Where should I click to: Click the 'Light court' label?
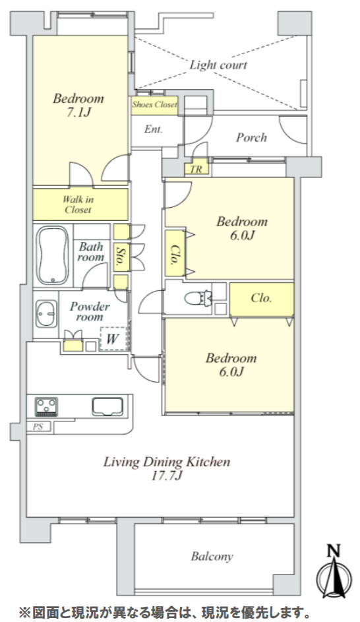218,65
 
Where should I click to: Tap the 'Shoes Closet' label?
155,105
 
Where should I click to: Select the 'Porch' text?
251,138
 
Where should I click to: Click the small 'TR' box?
196,169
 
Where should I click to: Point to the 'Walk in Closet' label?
78,204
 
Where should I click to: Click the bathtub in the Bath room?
52,255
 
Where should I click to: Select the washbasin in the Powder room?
46,314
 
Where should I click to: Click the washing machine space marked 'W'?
113,339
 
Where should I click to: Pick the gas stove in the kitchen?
46,406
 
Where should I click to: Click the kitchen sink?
107,406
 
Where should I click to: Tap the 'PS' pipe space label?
38,427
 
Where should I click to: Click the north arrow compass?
335,572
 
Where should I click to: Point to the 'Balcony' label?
212,557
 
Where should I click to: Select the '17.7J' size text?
167,475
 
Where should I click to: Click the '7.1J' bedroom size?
78,113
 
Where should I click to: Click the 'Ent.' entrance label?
154,129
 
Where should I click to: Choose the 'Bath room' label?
91,252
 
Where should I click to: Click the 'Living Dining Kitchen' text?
167,462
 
